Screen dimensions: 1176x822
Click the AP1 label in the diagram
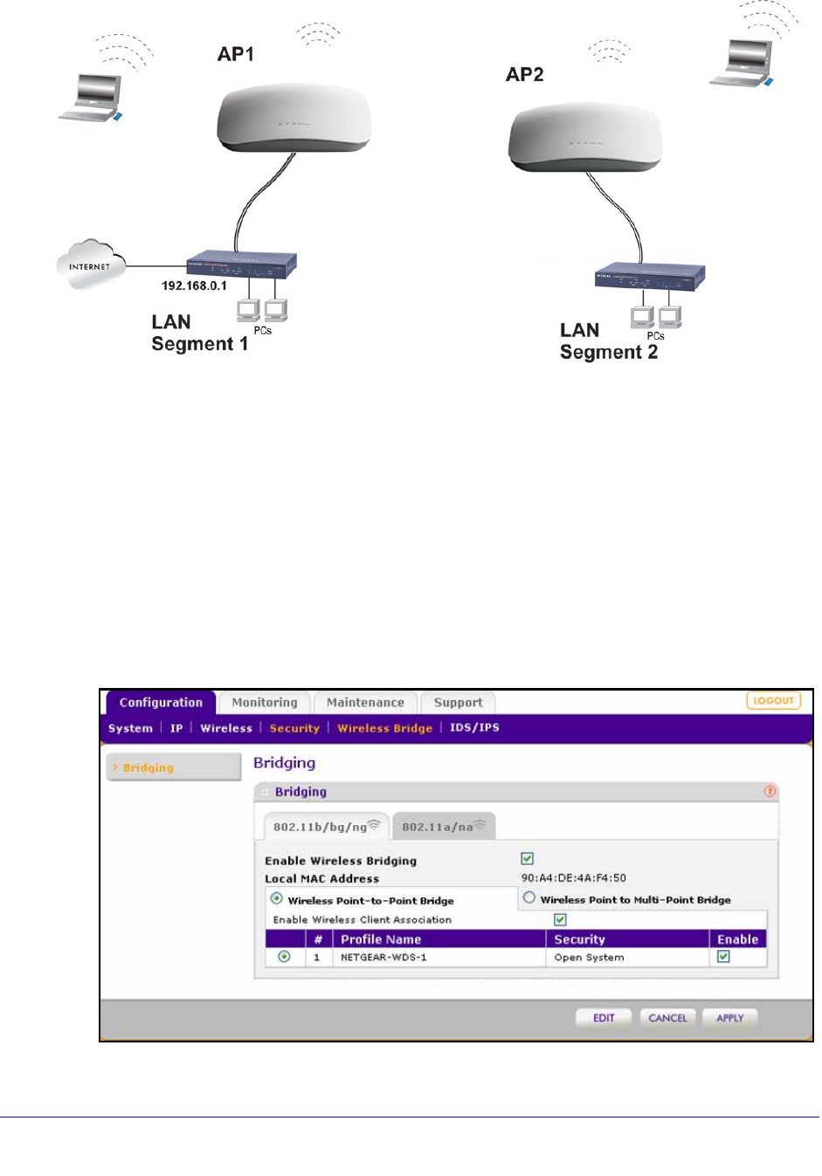point(236,54)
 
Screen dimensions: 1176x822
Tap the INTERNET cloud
point(90,265)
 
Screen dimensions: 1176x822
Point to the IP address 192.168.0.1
point(194,285)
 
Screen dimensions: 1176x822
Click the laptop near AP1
point(91,97)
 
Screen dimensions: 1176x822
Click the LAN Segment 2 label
point(608,341)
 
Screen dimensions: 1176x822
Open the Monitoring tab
point(265,703)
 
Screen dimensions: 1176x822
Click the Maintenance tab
point(365,703)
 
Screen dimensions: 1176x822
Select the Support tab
point(458,703)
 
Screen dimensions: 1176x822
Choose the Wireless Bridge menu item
point(384,728)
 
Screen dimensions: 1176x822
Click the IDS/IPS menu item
point(474,727)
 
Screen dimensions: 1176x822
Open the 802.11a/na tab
point(444,827)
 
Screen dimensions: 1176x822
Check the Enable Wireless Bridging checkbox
point(528,859)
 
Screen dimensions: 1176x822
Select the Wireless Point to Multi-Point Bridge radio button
point(529,897)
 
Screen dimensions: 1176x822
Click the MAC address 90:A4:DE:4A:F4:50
point(574,878)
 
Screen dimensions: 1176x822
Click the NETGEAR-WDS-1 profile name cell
point(383,958)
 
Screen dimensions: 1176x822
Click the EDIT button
point(604,1018)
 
